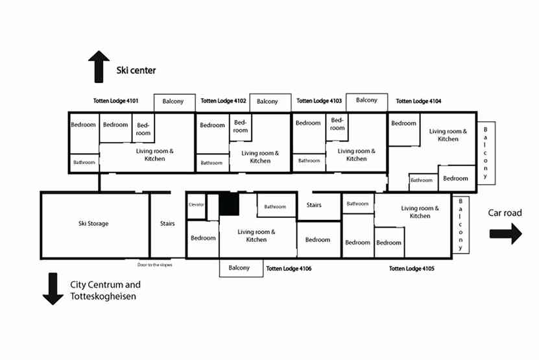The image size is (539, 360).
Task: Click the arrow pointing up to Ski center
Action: (x=99, y=67)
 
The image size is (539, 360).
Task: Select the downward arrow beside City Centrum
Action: (x=53, y=289)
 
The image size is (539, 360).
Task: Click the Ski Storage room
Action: (x=93, y=224)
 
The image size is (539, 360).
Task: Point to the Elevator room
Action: (x=196, y=205)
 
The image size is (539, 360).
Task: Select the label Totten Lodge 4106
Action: (x=289, y=268)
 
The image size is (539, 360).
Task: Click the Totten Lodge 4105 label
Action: (x=412, y=268)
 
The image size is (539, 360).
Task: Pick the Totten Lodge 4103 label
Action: (x=319, y=101)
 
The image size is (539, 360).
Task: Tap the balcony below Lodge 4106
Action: (x=239, y=268)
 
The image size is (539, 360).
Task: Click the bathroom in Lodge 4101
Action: (x=84, y=163)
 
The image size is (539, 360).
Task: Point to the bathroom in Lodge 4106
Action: (x=275, y=207)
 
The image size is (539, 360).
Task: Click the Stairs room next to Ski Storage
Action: (x=167, y=224)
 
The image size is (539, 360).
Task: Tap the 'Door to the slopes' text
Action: (x=154, y=265)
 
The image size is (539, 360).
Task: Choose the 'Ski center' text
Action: (x=136, y=70)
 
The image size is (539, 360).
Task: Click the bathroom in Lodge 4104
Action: (x=422, y=180)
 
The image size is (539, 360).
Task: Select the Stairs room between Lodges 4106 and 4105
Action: (x=314, y=206)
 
